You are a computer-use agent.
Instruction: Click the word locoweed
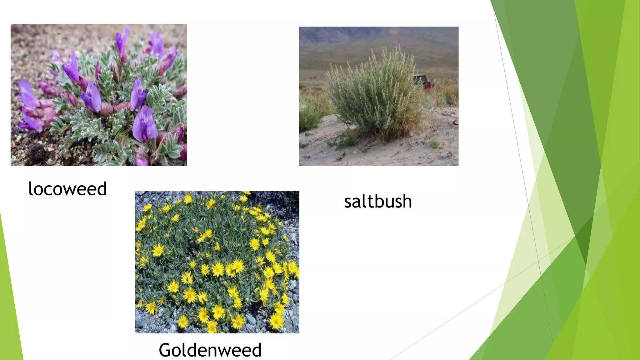pyautogui.click(x=67, y=189)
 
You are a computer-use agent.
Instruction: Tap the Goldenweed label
pyautogui.click(x=210, y=350)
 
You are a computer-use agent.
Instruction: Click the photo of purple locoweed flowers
pyautogui.click(x=99, y=95)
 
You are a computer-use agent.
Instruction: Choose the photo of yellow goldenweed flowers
pyautogui.click(x=217, y=262)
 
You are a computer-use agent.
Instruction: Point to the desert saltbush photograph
pyautogui.click(x=379, y=96)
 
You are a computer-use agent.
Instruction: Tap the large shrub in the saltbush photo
pyautogui.click(x=375, y=94)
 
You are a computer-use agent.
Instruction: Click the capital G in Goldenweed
pyautogui.click(x=165, y=350)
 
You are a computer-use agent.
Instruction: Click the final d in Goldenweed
pyautogui.click(x=256, y=350)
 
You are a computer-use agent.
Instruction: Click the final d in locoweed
pyautogui.click(x=102, y=189)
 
